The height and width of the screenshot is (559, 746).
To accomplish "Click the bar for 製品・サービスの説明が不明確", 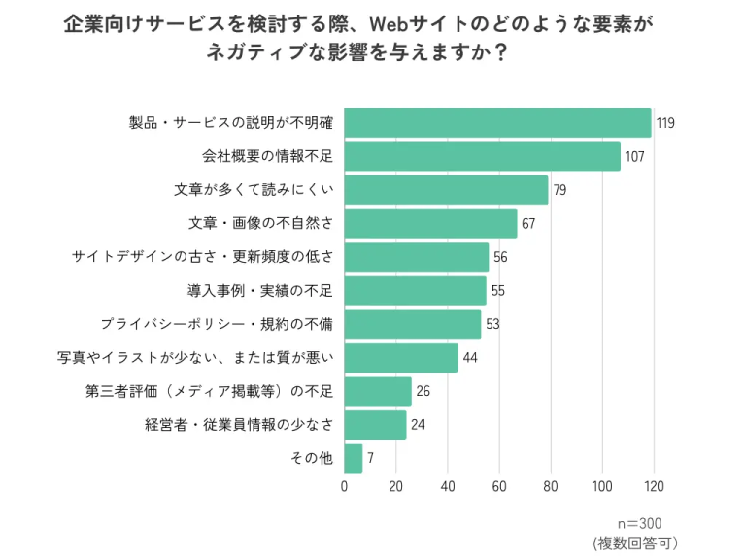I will (x=497, y=122).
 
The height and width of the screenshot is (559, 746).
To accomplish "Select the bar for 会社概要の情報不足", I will (x=482, y=156).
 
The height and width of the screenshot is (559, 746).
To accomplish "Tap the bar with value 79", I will (x=446, y=189).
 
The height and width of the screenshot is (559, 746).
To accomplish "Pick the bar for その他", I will (x=354, y=458).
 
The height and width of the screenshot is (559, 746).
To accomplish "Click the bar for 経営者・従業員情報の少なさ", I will (x=375, y=424).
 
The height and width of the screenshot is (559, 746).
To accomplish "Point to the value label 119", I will (x=665, y=123).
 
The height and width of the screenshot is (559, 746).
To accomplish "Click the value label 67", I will (x=529, y=224).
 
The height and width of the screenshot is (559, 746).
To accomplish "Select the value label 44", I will (x=471, y=358).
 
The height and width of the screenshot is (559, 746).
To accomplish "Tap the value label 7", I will (x=371, y=458).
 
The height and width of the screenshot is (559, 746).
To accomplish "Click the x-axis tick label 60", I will (x=499, y=486).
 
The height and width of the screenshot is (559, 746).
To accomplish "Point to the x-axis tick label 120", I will (x=653, y=486).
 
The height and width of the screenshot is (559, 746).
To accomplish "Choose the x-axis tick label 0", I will (x=345, y=486).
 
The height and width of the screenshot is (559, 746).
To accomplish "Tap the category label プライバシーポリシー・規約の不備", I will (x=218, y=324).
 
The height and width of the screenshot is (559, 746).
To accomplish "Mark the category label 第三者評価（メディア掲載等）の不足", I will (x=210, y=391).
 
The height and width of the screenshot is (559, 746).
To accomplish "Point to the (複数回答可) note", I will (x=634, y=543).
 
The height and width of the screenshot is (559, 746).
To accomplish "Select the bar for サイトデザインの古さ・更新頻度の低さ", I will (x=417, y=257).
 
